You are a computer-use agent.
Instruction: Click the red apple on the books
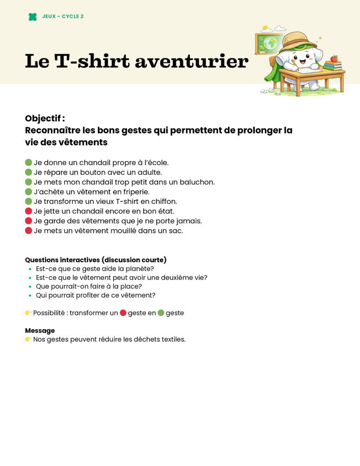pyautogui.click(x=334, y=58)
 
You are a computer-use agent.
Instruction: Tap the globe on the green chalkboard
pyautogui.click(x=270, y=43)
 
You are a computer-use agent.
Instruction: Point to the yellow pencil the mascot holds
pyautogui.click(x=294, y=64)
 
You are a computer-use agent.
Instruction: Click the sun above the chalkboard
pyautogui.click(x=264, y=28)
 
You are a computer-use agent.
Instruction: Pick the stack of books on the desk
pyautogui.click(x=333, y=66)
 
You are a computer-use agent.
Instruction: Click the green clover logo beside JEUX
pyautogui.click(x=33, y=17)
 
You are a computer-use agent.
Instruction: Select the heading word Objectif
pyautogui.click(x=44, y=118)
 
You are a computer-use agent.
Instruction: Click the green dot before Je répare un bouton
pyautogui.click(x=29, y=172)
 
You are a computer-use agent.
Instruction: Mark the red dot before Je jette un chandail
pyautogui.click(x=29, y=211)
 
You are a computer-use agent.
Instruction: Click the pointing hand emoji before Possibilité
pyautogui.click(x=28, y=313)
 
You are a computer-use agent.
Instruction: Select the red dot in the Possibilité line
pyautogui.click(x=123, y=313)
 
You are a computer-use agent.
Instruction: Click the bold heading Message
pyautogui.click(x=40, y=330)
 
